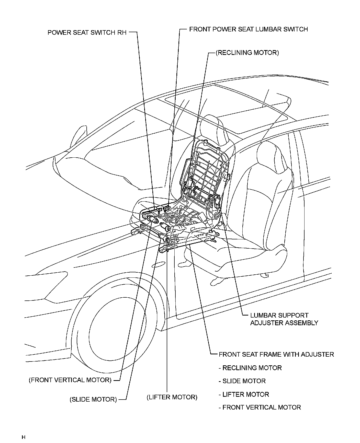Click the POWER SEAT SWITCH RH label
[x=87, y=33]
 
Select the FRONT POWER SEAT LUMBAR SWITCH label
[x=248, y=29]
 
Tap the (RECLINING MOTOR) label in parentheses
[x=247, y=53]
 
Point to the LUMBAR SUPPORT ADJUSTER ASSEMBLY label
[x=284, y=319]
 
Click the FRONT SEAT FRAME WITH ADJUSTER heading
[x=276, y=355]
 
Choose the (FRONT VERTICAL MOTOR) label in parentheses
[x=70, y=380]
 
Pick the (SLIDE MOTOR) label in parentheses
[x=93, y=400]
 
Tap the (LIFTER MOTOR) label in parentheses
[x=172, y=397]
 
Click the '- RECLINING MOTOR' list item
[x=250, y=368]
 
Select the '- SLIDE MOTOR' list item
[x=242, y=381]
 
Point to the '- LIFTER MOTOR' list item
[x=244, y=394]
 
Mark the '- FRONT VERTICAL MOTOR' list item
[x=260, y=407]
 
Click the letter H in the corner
[x=24, y=437]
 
